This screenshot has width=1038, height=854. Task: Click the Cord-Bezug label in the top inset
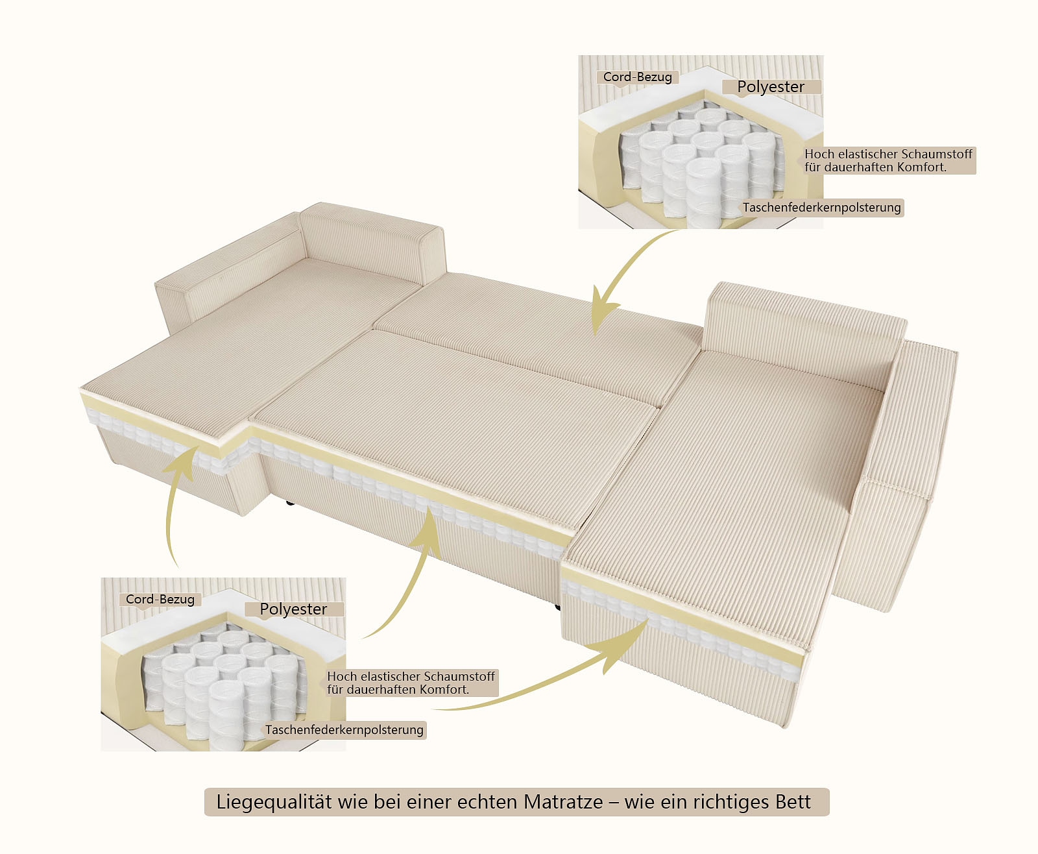click(637, 77)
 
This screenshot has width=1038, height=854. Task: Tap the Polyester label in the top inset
click(771, 87)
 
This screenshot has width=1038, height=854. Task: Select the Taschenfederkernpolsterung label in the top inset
click(821, 208)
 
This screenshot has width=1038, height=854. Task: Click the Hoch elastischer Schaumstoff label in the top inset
click(888, 160)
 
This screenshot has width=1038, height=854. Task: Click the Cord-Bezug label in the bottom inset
click(160, 600)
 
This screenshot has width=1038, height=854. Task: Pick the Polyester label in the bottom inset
click(293, 609)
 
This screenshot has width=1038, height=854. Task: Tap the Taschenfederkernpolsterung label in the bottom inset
click(344, 730)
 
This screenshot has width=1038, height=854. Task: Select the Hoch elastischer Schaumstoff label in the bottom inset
click(411, 683)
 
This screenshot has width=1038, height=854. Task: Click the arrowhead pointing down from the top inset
click(601, 318)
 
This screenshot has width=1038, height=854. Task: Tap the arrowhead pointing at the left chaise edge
click(188, 457)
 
